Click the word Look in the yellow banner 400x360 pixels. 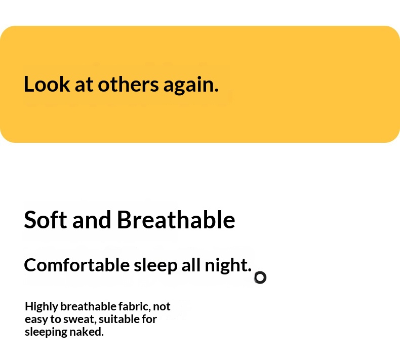coord(47,84)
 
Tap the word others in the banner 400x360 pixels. coord(128,84)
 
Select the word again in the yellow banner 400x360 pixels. coord(191,86)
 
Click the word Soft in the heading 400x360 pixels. coord(46,220)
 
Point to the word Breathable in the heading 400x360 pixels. coord(176,220)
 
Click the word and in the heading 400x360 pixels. coord(92,220)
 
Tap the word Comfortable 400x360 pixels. coord(77,265)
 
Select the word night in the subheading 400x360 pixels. coord(228,266)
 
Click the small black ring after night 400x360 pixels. coord(260,277)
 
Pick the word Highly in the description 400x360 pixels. coord(42,307)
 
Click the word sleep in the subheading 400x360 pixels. coord(155,266)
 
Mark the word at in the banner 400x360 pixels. coord(84,85)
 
